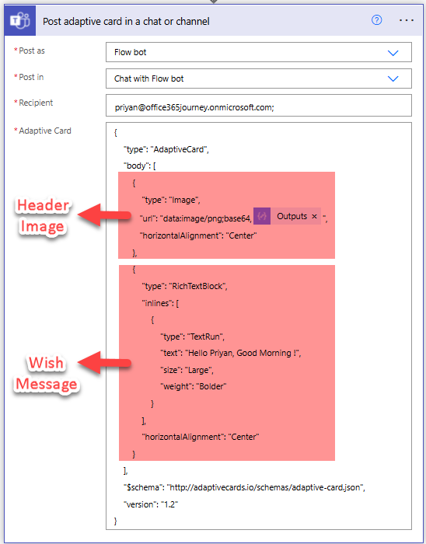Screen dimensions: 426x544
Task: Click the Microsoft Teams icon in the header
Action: [x=19, y=21]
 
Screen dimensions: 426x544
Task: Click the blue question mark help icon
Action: [x=376, y=20]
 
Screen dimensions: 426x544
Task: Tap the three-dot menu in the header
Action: [x=407, y=20]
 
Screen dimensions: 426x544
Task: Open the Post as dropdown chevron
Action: [x=393, y=53]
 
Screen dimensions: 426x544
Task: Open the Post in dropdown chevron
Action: [x=393, y=78]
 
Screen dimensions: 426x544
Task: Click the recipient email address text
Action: [x=194, y=107]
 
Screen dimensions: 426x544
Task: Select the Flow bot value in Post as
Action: [x=130, y=52]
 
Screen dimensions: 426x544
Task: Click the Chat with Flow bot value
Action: [x=148, y=78]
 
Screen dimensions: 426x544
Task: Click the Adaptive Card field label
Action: [x=45, y=131]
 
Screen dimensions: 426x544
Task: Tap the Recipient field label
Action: [x=36, y=103]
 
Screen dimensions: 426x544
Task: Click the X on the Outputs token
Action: [x=314, y=217]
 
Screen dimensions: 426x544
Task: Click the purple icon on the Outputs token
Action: [x=262, y=216]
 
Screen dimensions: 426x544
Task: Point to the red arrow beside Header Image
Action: [x=104, y=215]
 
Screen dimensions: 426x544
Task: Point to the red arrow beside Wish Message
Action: [x=104, y=363]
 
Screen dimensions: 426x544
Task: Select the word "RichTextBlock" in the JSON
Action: [x=197, y=286]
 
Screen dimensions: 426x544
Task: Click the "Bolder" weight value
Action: [x=211, y=386]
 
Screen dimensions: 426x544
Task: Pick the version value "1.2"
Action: [x=169, y=504]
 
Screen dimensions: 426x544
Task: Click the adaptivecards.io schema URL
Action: [x=264, y=487]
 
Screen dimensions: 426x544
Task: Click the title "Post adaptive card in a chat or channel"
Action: [x=126, y=22]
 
